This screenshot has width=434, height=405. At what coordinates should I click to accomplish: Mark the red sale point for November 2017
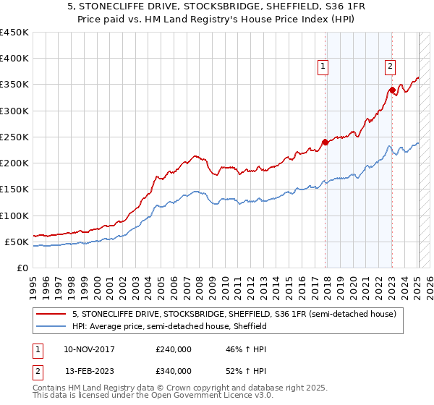click(325, 142)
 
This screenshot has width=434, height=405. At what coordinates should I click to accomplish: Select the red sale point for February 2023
click(392, 90)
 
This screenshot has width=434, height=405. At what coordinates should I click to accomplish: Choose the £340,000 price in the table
click(174, 371)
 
